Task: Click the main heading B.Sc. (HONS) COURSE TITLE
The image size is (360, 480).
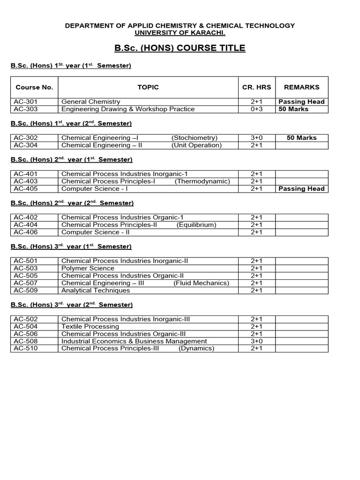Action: pyautogui.click(x=180, y=48)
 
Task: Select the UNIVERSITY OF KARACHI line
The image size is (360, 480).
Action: pyautogui.click(x=180, y=33)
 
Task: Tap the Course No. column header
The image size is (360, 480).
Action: pyautogui.click(x=34, y=87)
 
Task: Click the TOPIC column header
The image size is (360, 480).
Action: pyautogui.click(x=148, y=87)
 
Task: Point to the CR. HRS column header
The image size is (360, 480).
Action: pyautogui.click(x=256, y=87)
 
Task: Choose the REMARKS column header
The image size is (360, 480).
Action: pyautogui.click(x=301, y=87)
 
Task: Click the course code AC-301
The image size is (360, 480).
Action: pyautogui.click(x=25, y=102)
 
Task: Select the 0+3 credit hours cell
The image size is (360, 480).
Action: pyautogui.click(x=256, y=109)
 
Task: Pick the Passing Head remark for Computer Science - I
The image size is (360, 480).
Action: pyautogui.click(x=301, y=189)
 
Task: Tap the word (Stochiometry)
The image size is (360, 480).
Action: pyautogui.click(x=195, y=138)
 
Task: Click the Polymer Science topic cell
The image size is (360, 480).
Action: pyautogui.click(x=88, y=269)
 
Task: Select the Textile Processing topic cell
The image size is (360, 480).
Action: pyautogui.click(x=90, y=327)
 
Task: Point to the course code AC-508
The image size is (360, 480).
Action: pyautogui.click(x=25, y=341)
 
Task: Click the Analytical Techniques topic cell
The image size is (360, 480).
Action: pyautogui.click(x=96, y=290)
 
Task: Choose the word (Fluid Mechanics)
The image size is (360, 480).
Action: pyautogui.click(x=201, y=283)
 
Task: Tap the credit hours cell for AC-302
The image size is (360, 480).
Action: pyautogui.click(x=256, y=138)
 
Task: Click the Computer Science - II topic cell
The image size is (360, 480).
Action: pyautogui.click(x=95, y=232)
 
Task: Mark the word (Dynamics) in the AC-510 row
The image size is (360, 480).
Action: pyautogui.click(x=196, y=348)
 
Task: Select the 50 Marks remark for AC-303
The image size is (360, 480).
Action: pyautogui.click(x=293, y=109)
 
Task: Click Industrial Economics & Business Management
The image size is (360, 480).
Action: pyautogui.click(x=134, y=341)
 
